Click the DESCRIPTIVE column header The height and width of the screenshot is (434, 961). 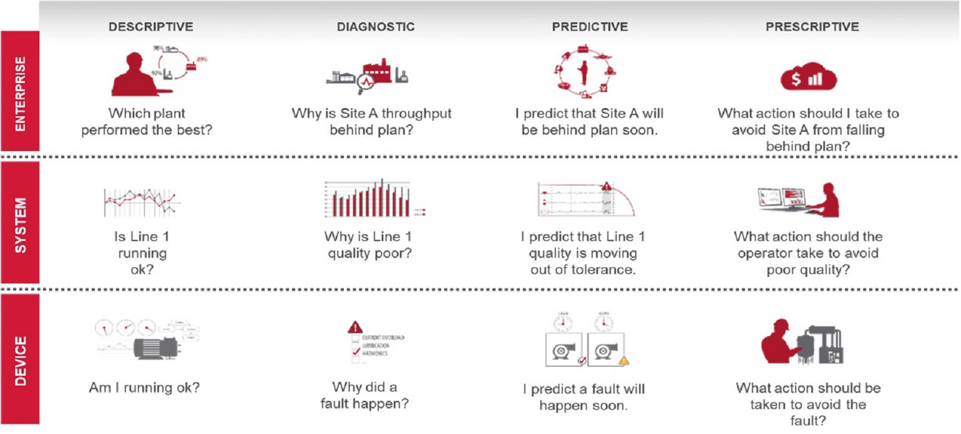pos(150,27)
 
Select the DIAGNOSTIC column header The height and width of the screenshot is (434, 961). pos(376,27)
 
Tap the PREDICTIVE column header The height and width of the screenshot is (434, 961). pos(590,27)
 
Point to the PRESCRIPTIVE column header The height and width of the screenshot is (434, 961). pos(812,27)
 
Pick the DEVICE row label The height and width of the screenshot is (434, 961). pos(20,360)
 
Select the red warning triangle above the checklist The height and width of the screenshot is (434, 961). pos(355,327)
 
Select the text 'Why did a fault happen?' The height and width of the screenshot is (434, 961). pos(364,395)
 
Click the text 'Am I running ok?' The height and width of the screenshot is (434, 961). pos(144,387)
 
